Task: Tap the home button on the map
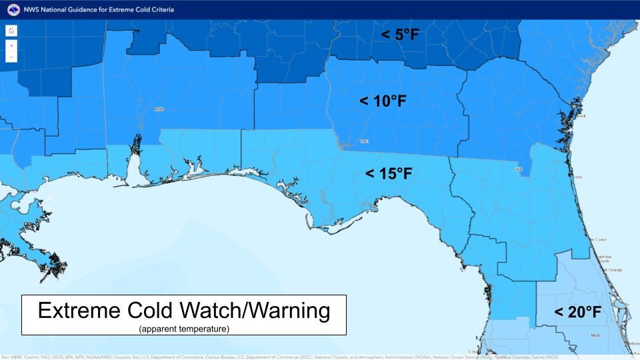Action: pos(11,31)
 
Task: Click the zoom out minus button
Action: pos(11,57)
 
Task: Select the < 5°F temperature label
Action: pos(400,35)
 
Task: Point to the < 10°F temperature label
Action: pos(383,101)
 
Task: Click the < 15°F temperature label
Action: pos(389,174)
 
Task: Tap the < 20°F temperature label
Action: pos(577,312)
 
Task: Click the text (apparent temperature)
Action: pos(184,329)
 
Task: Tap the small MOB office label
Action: pos(159,109)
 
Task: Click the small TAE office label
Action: pos(363,141)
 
